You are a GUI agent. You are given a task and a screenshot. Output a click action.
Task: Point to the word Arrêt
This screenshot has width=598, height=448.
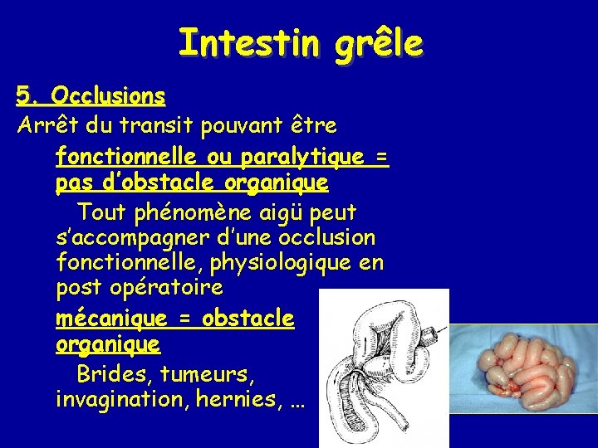[x=42, y=126]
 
